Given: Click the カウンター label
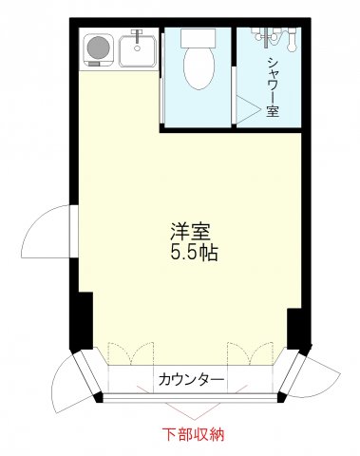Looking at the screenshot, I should tap(191, 381).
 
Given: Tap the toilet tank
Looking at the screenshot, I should tap(199, 40).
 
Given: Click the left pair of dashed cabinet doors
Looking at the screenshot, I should tap(127, 353).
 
